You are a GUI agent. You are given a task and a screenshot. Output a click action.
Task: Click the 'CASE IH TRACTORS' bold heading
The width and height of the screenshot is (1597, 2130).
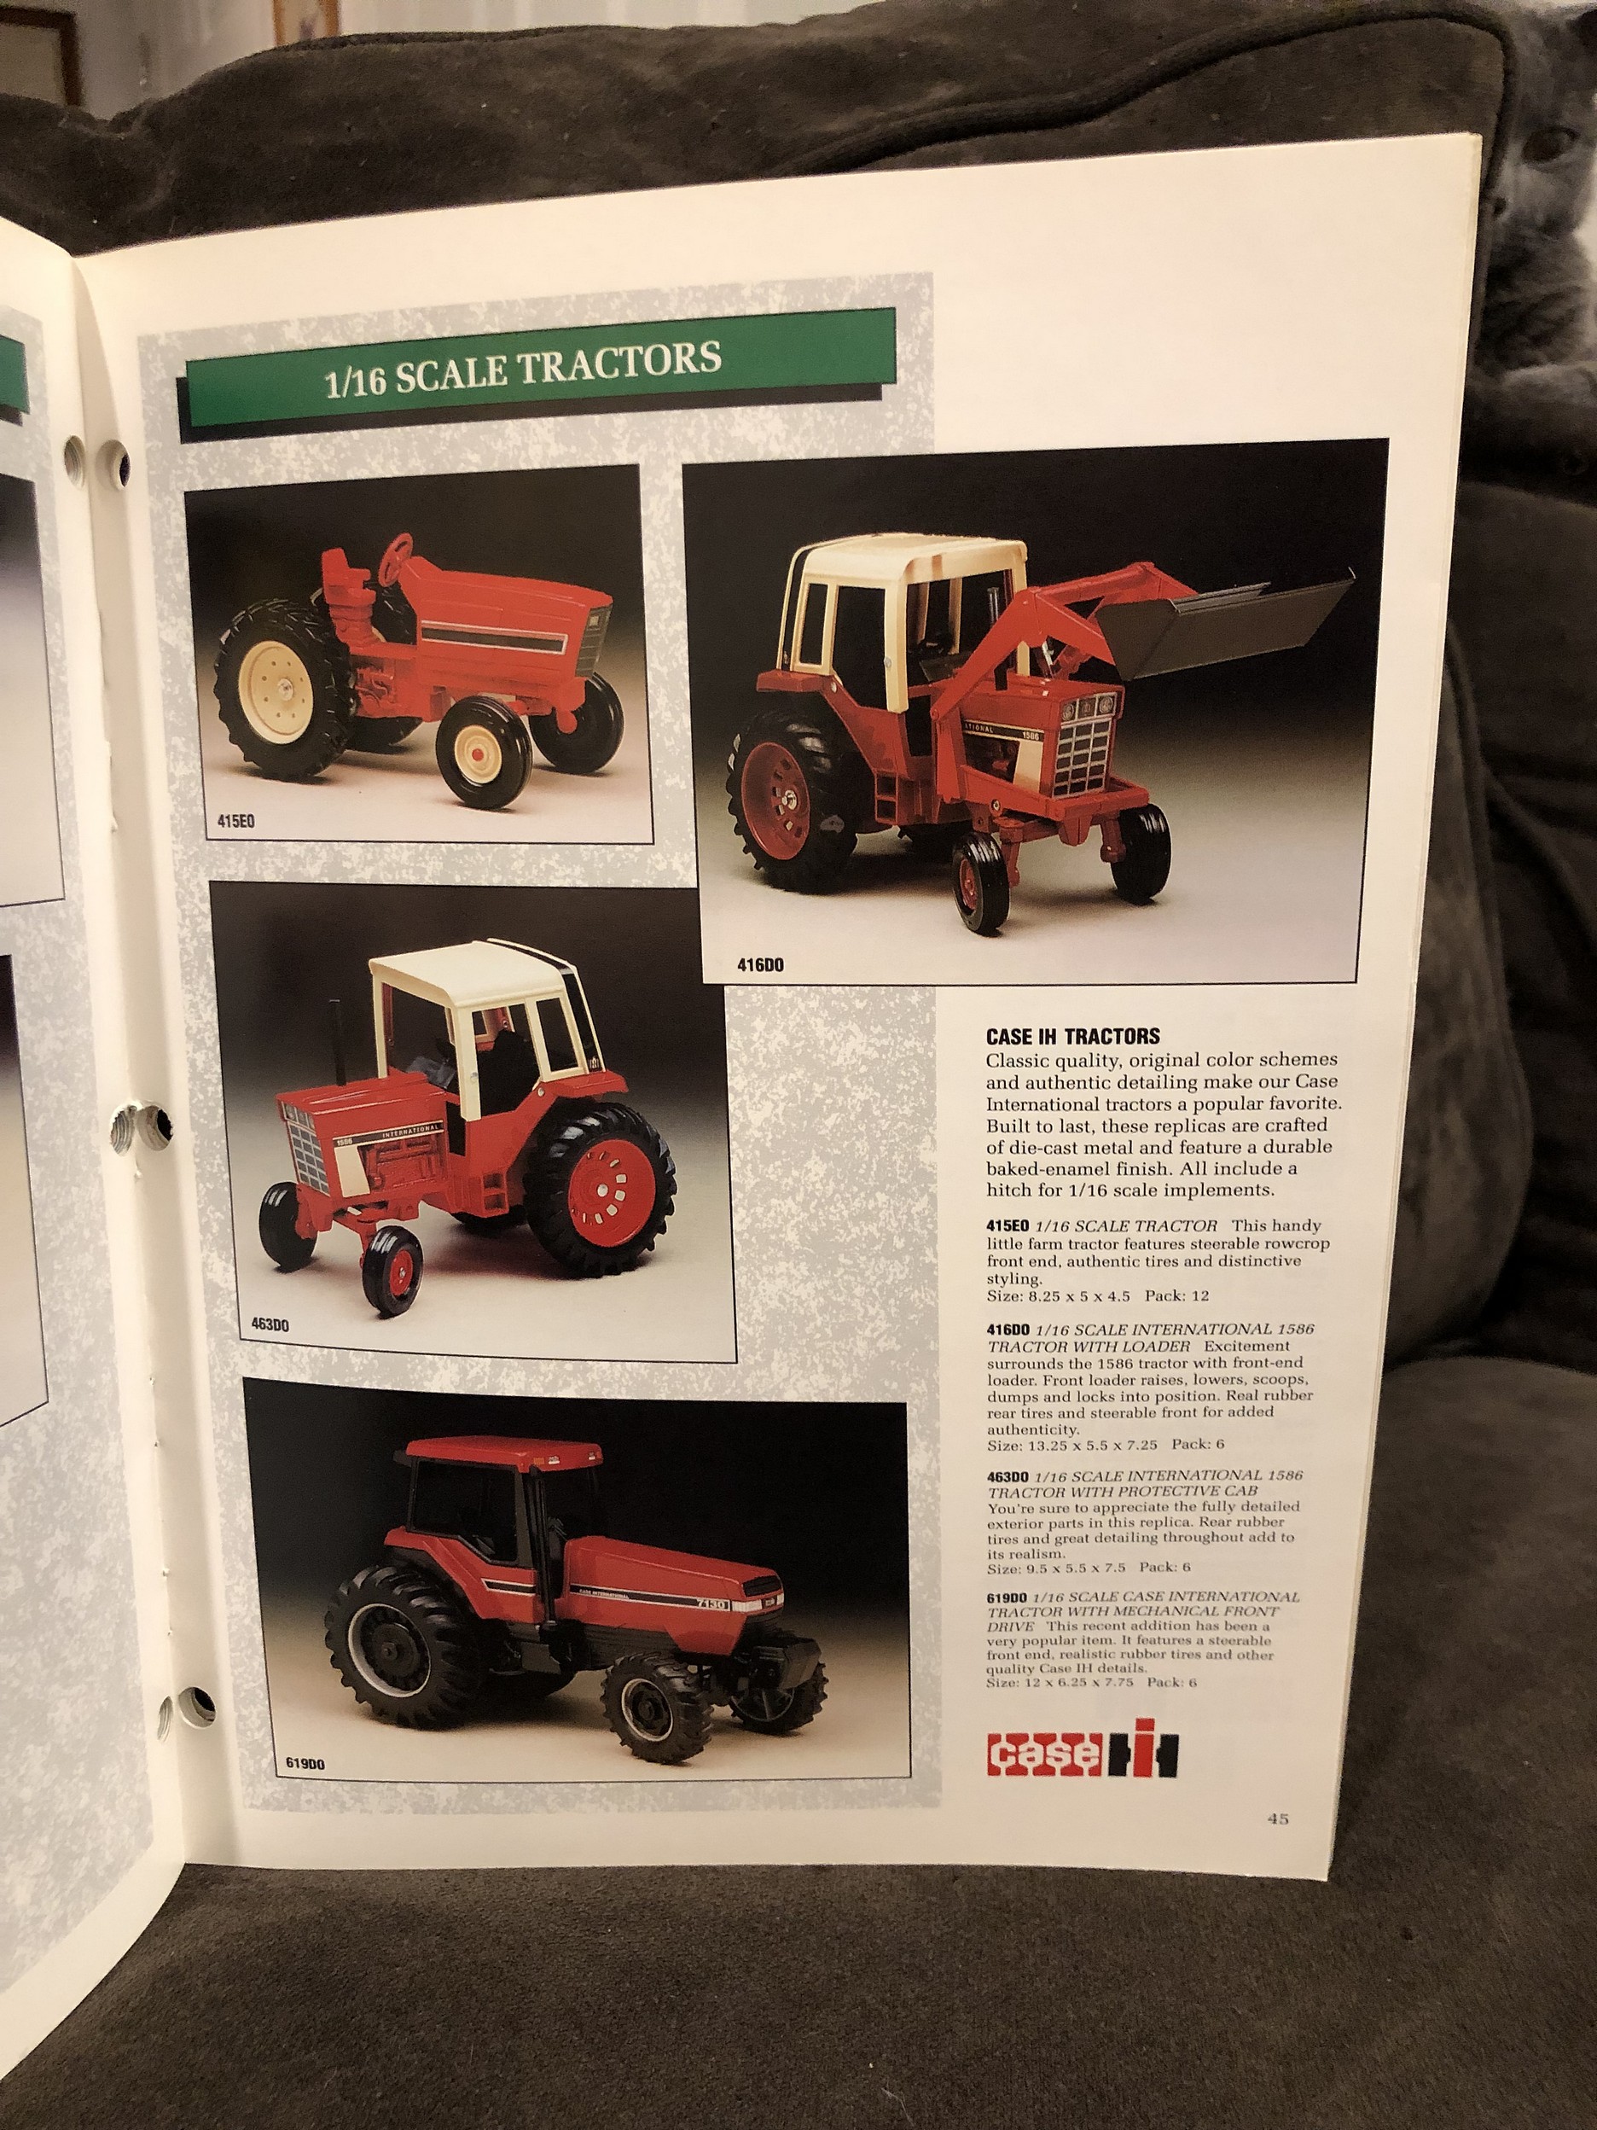click(x=1072, y=1037)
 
